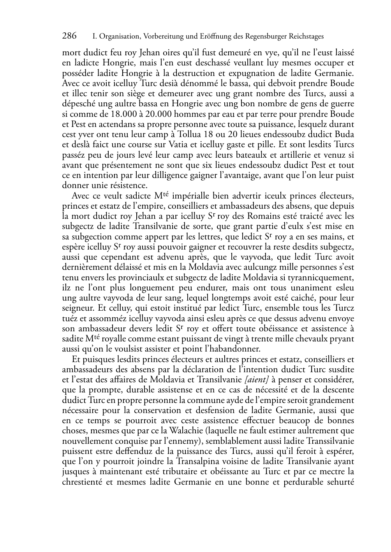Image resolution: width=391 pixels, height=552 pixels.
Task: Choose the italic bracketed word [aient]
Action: click(258, 380)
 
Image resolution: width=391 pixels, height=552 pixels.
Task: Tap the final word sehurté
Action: click(341, 482)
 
